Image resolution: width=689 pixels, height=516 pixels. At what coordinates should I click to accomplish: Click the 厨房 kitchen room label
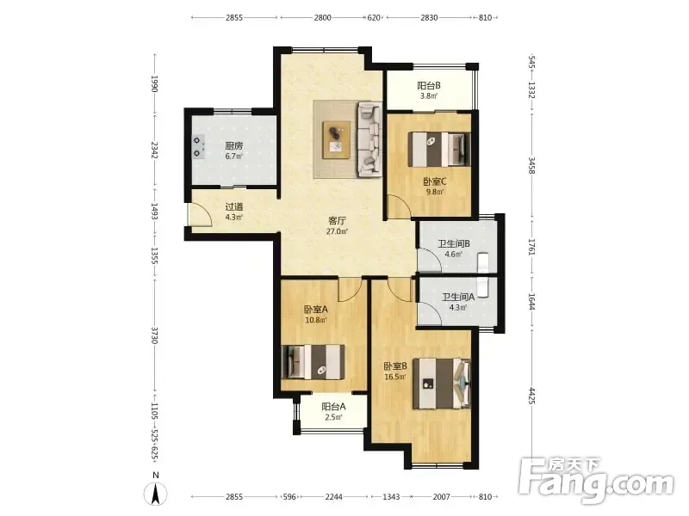click(233, 145)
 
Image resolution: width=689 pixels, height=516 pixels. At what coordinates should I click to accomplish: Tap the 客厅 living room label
click(337, 220)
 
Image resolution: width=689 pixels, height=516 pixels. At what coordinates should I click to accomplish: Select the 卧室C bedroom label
click(435, 181)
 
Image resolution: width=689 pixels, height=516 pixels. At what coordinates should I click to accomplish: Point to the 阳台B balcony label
click(429, 85)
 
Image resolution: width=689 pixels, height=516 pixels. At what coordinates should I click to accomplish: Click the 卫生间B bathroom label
click(454, 243)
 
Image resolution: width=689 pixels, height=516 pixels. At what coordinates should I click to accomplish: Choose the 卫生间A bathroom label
click(458, 297)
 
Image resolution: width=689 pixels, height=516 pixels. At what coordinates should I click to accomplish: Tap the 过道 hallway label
click(233, 206)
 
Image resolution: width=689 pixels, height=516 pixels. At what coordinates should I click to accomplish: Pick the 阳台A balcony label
click(333, 407)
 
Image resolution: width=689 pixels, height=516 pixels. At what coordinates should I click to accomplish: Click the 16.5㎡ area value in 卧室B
click(395, 377)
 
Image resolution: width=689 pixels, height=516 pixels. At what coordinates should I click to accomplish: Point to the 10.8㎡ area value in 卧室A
click(316, 320)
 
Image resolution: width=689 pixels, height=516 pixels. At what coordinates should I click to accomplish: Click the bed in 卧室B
click(441, 384)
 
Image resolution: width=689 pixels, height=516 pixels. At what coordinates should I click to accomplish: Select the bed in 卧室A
click(313, 362)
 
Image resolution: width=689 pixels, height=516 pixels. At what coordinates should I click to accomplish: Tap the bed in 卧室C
click(439, 149)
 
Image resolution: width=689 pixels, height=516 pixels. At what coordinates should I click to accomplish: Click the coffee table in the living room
click(337, 140)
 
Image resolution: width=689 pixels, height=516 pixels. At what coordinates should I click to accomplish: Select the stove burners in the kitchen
click(197, 146)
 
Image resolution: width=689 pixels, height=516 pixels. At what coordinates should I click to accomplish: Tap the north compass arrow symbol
click(155, 493)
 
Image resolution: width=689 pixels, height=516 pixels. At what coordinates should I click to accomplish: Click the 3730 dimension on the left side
click(154, 335)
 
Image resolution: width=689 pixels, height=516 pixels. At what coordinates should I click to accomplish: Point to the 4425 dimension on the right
click(531, 396)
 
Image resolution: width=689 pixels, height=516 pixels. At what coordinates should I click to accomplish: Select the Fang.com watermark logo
click(596, 482)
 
